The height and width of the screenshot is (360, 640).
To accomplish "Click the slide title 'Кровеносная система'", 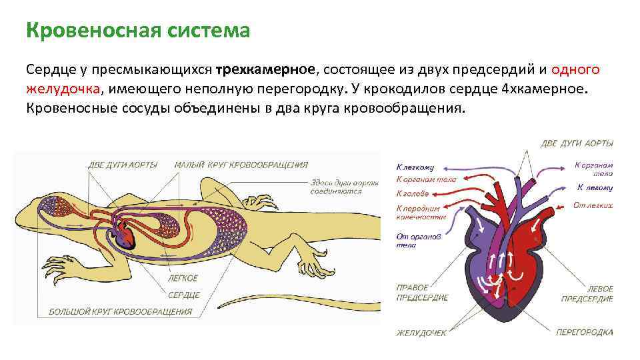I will click(x=138, y=31).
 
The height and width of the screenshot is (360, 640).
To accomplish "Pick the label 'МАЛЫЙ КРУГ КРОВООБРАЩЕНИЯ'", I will click(x=241, y=165).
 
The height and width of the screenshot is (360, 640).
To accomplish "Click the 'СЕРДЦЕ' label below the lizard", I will click(x=183, y=295).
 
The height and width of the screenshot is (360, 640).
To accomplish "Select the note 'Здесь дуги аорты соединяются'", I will click(x=344, y=186).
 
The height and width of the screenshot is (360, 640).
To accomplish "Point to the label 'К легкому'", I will click(x=415, y=167).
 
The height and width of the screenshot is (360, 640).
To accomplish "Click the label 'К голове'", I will click(x=413, y=194).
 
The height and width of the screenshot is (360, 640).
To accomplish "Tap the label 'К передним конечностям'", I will click(x=422, y=212).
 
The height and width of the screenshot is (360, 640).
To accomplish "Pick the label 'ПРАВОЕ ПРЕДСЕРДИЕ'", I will click(x=421, y=293).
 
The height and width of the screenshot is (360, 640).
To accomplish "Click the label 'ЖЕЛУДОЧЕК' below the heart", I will click(x=422, y=332).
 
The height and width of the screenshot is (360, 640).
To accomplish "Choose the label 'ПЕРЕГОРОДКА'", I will click(x=585, y=332).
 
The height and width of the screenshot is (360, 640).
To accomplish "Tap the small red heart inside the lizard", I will click(x=125, y=234).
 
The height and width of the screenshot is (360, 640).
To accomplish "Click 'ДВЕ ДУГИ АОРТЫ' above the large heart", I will click(x=577, y=143).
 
